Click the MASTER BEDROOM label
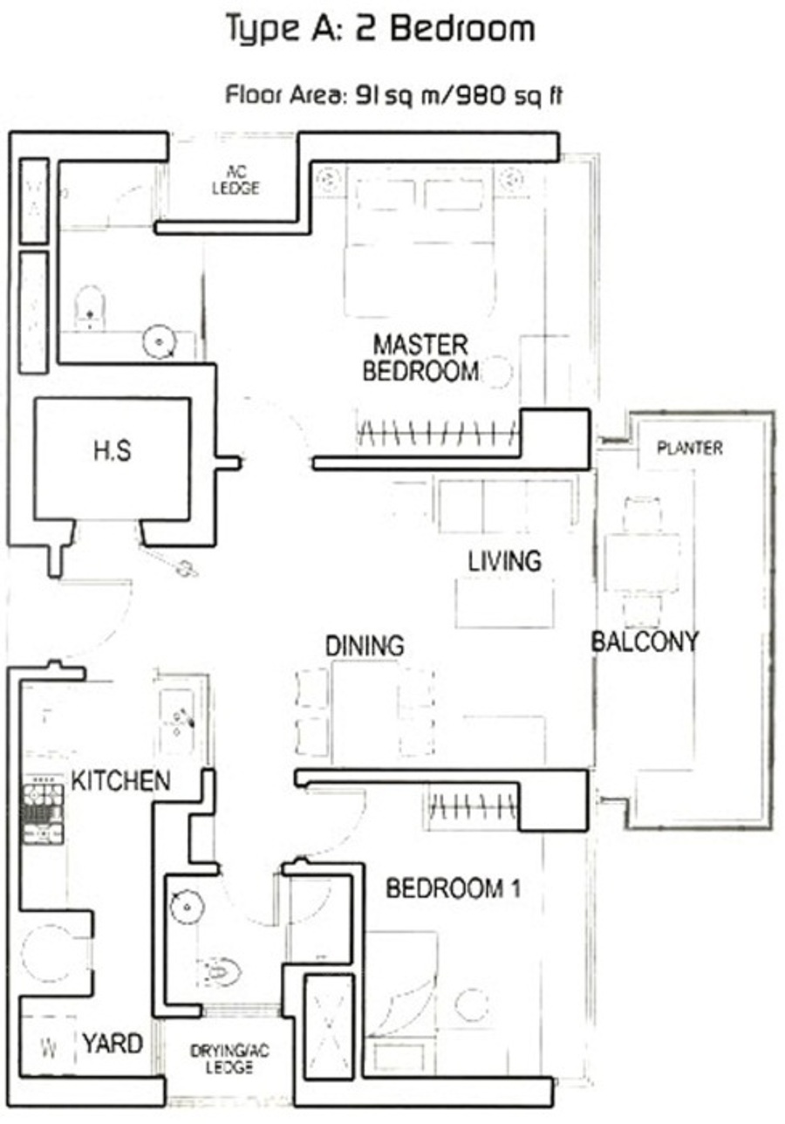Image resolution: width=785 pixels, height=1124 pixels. tap(420, 358)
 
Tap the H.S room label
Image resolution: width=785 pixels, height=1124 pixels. tap(113, 450)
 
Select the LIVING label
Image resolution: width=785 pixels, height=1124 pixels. tap(505, 561)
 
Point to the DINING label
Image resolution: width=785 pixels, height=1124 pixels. tap(365, 646)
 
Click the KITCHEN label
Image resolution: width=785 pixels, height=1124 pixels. tap(120, 781)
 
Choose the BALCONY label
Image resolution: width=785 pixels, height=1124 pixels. tap(645, 641)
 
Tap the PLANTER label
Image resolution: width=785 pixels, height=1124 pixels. tap(690, 448)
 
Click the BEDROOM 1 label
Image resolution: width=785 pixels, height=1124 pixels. tap(453, 888)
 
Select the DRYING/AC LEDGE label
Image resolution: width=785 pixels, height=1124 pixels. tap(229, 1059)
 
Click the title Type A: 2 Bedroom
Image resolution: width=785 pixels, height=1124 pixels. tap(381, 29)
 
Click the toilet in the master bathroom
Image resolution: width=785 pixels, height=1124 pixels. tap(90, 307)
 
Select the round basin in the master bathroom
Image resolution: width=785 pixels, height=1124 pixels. tap(159, 342)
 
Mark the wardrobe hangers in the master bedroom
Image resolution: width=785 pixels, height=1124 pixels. tap(437, 433)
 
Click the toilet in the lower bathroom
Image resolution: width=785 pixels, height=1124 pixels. tap(219, 971)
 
